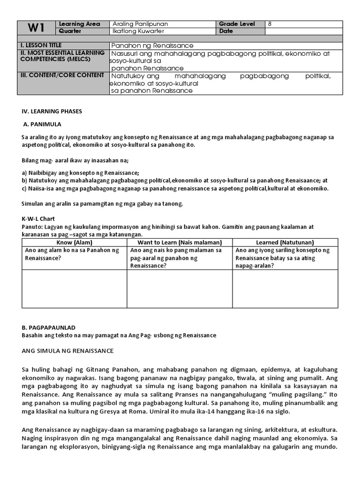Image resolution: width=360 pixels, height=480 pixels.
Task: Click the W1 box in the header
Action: pyautogui.click(x=36, y=28)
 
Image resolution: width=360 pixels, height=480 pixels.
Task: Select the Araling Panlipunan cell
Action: pyautogui.click(x=140, y=24)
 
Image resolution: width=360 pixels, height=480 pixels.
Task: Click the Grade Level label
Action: pyautogui.click(x=237, y=24)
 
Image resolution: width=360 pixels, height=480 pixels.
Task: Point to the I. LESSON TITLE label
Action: pyautogui.click(x=38, y=45)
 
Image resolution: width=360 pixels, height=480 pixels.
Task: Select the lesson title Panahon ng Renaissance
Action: pyautogui.click(x=152, y=45)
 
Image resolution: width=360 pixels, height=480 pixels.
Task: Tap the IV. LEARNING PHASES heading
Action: pyautogui.click(x=52, y=112)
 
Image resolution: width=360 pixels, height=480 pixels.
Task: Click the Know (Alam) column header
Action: pyautogui.click(x=75, y=242)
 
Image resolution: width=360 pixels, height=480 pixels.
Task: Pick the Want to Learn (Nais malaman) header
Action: pyautogui.click(x=179, y=242)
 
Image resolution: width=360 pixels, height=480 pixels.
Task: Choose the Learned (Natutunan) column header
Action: pyautogui.click(x=285, y=242)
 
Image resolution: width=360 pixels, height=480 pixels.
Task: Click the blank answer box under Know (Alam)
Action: pyautogui.click(x=75, y=288)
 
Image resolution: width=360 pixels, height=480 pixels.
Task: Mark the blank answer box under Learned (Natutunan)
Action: pyautogui.click(x=285, y=288)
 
